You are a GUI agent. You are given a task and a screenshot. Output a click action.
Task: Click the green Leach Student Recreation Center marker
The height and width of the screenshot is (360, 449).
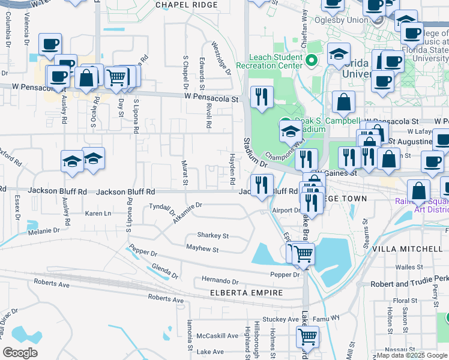tap(312, 60)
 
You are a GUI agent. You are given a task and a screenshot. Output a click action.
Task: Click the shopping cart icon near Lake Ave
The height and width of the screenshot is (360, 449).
tap(307, 337)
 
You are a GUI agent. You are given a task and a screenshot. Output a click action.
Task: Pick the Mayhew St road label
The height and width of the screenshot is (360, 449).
tap(202, 248)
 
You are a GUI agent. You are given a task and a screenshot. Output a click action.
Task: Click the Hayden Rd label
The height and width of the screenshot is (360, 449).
tap(232, 168)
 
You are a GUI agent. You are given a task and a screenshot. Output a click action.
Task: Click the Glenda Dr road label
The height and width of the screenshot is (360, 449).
tap(164, 271)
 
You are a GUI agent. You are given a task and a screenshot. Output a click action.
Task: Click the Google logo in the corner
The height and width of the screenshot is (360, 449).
tap(20, 352)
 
